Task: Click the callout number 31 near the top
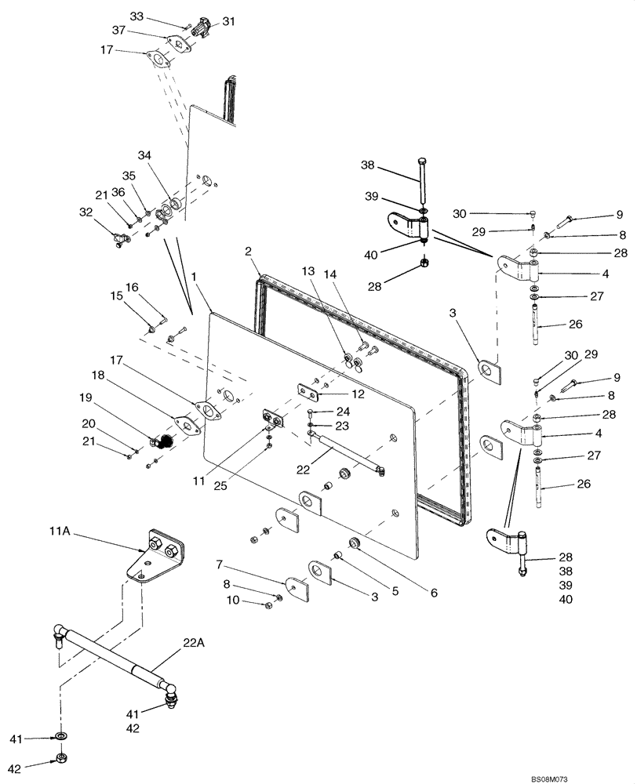pos(228,21)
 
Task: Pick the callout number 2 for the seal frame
pos(247,251)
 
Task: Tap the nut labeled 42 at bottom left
pos(62,759)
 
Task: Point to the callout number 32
pos(86,211)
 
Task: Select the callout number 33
pos(136,16)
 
